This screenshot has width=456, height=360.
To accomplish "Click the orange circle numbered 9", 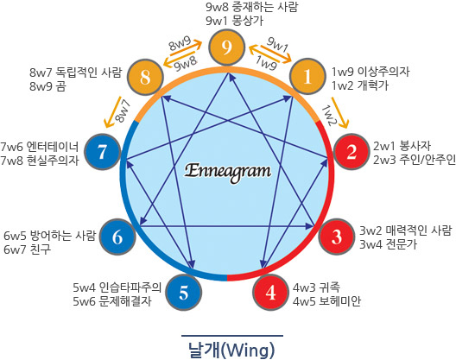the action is tap(227, 47).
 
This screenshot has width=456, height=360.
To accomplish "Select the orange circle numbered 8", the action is tap(146, 77).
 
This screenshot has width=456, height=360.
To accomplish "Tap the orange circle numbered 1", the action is tap(307, 76).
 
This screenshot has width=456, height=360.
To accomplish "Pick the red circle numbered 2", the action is tap(351, 151).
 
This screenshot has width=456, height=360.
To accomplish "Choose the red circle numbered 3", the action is tap(337, 237).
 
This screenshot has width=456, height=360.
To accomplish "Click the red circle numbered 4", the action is tap(270, 292).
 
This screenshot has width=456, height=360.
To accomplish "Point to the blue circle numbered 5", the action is tap(183, 293).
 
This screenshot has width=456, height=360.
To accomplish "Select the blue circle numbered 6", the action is tap(117, 237).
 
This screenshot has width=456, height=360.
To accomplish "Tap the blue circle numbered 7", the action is tap(103, 151).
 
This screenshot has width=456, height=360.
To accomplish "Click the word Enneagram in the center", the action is tap(228, 172).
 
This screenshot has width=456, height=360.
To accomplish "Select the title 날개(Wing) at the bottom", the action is tap(231, 350).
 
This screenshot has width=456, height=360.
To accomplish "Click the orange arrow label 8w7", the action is tap(122, 111).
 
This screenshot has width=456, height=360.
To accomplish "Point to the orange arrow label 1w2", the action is tap(329, 116).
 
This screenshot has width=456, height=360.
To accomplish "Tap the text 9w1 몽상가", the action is tap(234, 21).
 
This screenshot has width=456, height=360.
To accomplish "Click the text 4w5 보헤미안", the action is tap(326, 301).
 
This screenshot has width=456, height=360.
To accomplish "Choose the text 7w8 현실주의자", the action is tap(40, 161).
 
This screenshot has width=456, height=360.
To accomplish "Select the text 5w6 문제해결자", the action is tap(112, 301).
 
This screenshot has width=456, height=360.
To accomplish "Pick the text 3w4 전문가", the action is tap(389, 244).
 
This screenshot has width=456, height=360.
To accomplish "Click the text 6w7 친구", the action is tap(28, 249).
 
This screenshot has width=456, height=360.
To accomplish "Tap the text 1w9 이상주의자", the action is tap(370, 72).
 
